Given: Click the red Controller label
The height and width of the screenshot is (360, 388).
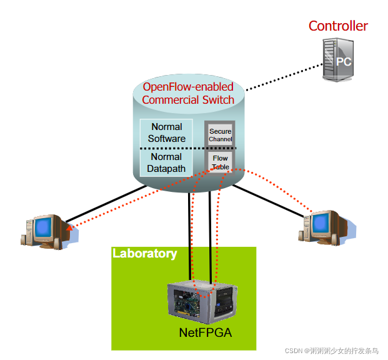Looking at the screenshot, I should pyautogui.click(x=338, y=26).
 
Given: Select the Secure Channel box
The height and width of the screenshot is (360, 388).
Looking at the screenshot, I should pyautogui.click(x=220, y=135).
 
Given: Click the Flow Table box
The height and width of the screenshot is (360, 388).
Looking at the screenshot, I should pyautogui.click(x=220, y=162).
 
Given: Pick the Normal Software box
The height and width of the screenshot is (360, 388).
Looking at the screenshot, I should pyautogui.click(x=167, y=132).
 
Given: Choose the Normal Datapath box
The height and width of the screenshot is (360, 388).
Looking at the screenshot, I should pyautogui.click(x=167, y=162).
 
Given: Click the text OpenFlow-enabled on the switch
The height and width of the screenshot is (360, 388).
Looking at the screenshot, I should pyautogui.click(x=188, y=87).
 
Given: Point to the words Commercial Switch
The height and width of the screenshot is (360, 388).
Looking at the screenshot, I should pyautogui.click(x=188, y=100).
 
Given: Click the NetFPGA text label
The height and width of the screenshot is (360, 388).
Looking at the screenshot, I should pyautogui.click(x=206, y=332).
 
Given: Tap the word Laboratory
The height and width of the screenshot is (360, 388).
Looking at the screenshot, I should pyautogui.click(x=144, y=254).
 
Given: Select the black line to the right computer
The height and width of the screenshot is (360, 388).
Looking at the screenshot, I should pyautogui.click(x=269, y=200).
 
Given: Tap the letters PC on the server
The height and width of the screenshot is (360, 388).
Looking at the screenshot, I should pyautogui.click(x=344, y=61).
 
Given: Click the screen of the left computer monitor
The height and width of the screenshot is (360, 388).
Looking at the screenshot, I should pyautogui.click(x=45, y=227).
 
